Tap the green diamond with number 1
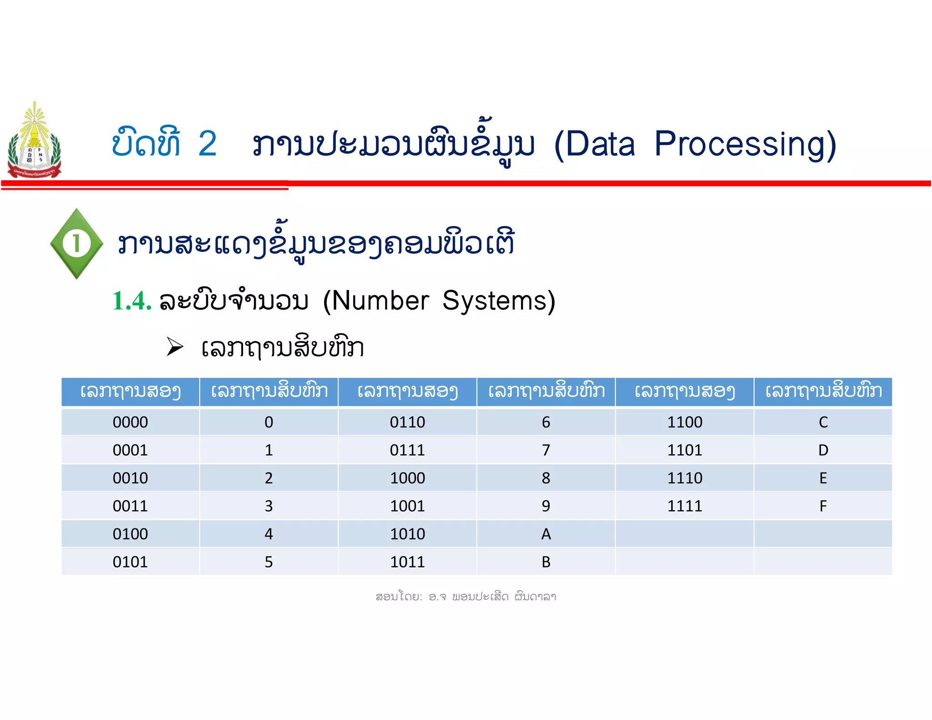click(x=76, y=243)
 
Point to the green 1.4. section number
click(x=132, y=301)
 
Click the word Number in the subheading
click(x=380, y=301)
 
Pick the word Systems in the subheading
click(x=498, y=301)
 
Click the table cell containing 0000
click(x=130, y=422)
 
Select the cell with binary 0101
click(x=130, y=562)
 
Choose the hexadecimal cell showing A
click(x=546, y=534)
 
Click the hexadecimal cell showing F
click(x=823, y=506)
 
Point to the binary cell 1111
click(x=684, y=506)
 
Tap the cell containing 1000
click(x=407, y=478)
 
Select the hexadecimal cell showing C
click(x=823, y=422)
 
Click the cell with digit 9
click(x=546, y=506)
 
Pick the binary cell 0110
click(x=407, y=422)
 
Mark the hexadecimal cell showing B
click(x=546, y=562)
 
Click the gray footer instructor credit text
click(x=466, y=597)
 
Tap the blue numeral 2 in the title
click(x=208, y=144)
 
